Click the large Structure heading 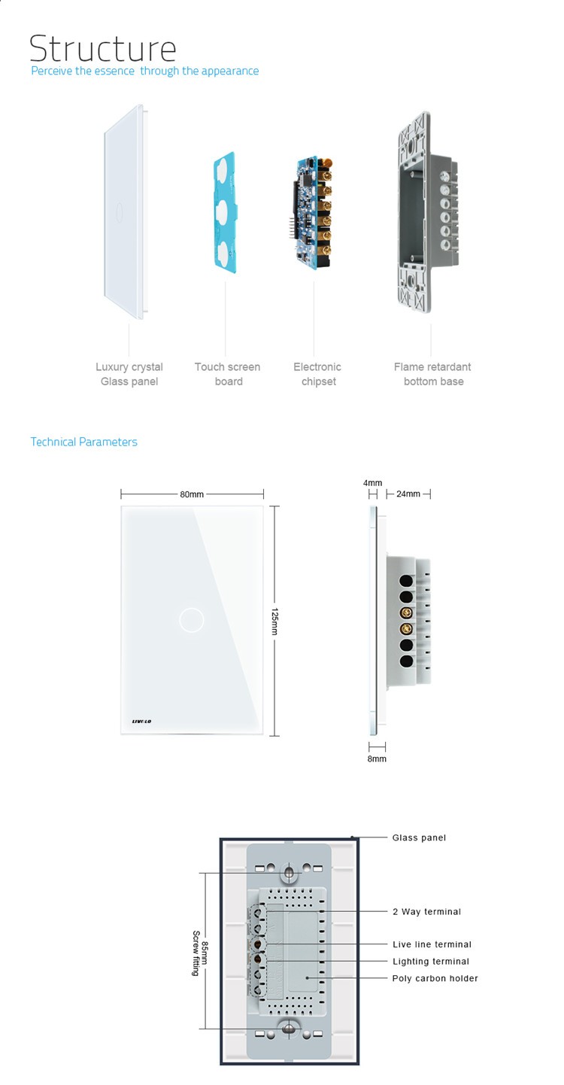coord(102,48)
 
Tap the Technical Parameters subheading coord(83,442)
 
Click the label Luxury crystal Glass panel coord(129,374)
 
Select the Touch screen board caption coord(227,374)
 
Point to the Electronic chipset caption coord(317,374)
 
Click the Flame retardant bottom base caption coord(432,374)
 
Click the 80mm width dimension coord(192,494)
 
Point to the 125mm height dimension coord(274,621)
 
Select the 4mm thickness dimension coord(372,483)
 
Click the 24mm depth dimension coord(408,494)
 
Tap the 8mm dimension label coord(377,758)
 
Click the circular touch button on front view coord(192,620)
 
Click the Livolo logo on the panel coord(135,721)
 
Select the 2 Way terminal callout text coord(426,911)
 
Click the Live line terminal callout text coord(432,944)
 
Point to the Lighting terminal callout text coord(430,961)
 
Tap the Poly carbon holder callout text coord(435,978)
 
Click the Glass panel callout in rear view coord(419,837)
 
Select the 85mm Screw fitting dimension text coord(200,953)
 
